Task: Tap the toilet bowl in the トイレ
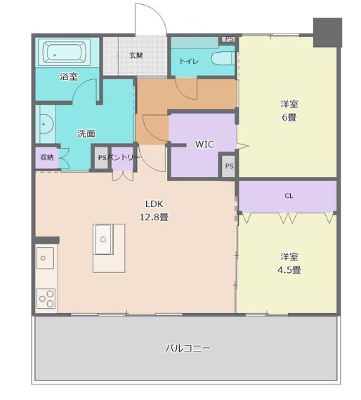point(223,59)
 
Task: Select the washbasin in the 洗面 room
point(46,124)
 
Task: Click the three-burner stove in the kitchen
point(46,298)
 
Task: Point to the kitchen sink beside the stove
point(45,258)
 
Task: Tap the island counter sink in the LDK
point(103,239)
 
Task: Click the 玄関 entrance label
point(136,55)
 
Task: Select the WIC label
point(204,145)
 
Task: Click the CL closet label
point(289,196)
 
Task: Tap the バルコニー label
point(188,348)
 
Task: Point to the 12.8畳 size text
point(154,217)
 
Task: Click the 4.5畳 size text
point(289,269)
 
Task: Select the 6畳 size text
point(289,117)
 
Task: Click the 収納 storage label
point(47,157)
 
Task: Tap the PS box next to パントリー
point(102,158)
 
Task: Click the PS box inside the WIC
point(229,166)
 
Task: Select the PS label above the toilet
point(229,39)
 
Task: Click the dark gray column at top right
point(327,32)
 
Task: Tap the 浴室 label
point(69,76)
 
